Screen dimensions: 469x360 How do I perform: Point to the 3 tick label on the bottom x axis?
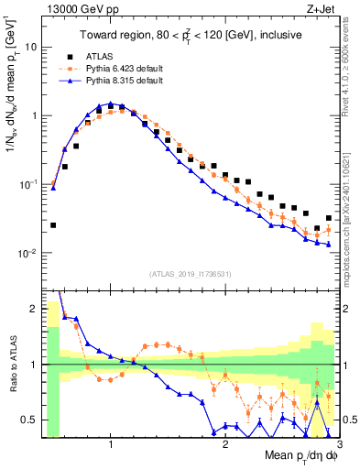(339, 446)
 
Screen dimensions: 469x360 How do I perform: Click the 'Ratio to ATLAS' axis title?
(10, 364)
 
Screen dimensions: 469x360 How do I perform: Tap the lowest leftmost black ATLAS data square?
(53, 224)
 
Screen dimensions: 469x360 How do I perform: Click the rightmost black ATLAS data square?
(329, 218)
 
